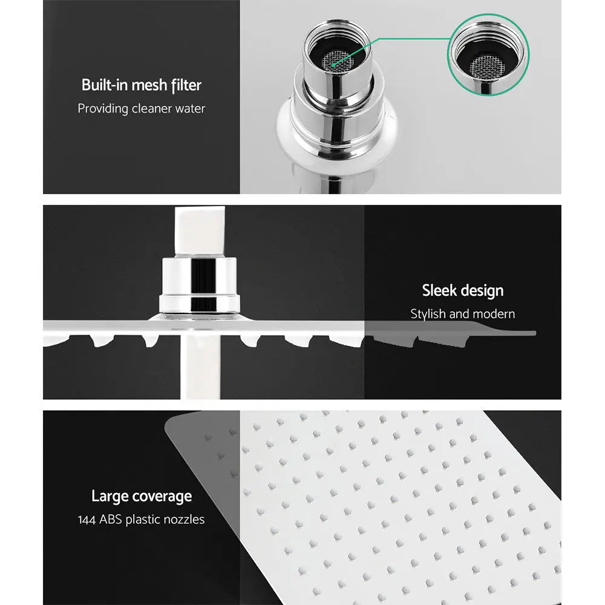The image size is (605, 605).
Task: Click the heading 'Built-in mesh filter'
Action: click(x=141, y=85)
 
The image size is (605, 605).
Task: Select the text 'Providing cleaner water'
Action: click(x=141, y=109)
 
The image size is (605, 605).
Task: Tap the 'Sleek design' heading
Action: click(x=462, y=290)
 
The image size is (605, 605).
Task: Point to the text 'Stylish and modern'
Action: click(x=462, y=314)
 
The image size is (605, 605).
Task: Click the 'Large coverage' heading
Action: click(x=141, y=496)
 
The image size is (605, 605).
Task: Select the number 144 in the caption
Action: click(x=88, y=520)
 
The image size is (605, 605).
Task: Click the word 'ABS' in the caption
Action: click(x=111, y=520)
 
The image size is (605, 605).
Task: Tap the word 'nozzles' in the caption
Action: click(x=183, y=520)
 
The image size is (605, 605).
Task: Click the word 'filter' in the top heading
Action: click(x=185, y=85)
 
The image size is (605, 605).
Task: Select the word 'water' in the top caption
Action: click(x=189, y=109)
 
